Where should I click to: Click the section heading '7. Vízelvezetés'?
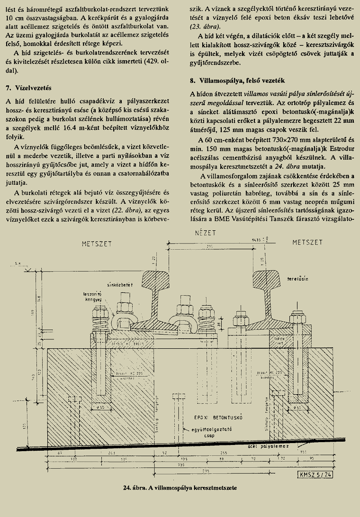[x=31, y=88]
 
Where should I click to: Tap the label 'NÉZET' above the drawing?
[x=205, y=233]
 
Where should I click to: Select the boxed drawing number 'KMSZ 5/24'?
[x=315, y=474]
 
